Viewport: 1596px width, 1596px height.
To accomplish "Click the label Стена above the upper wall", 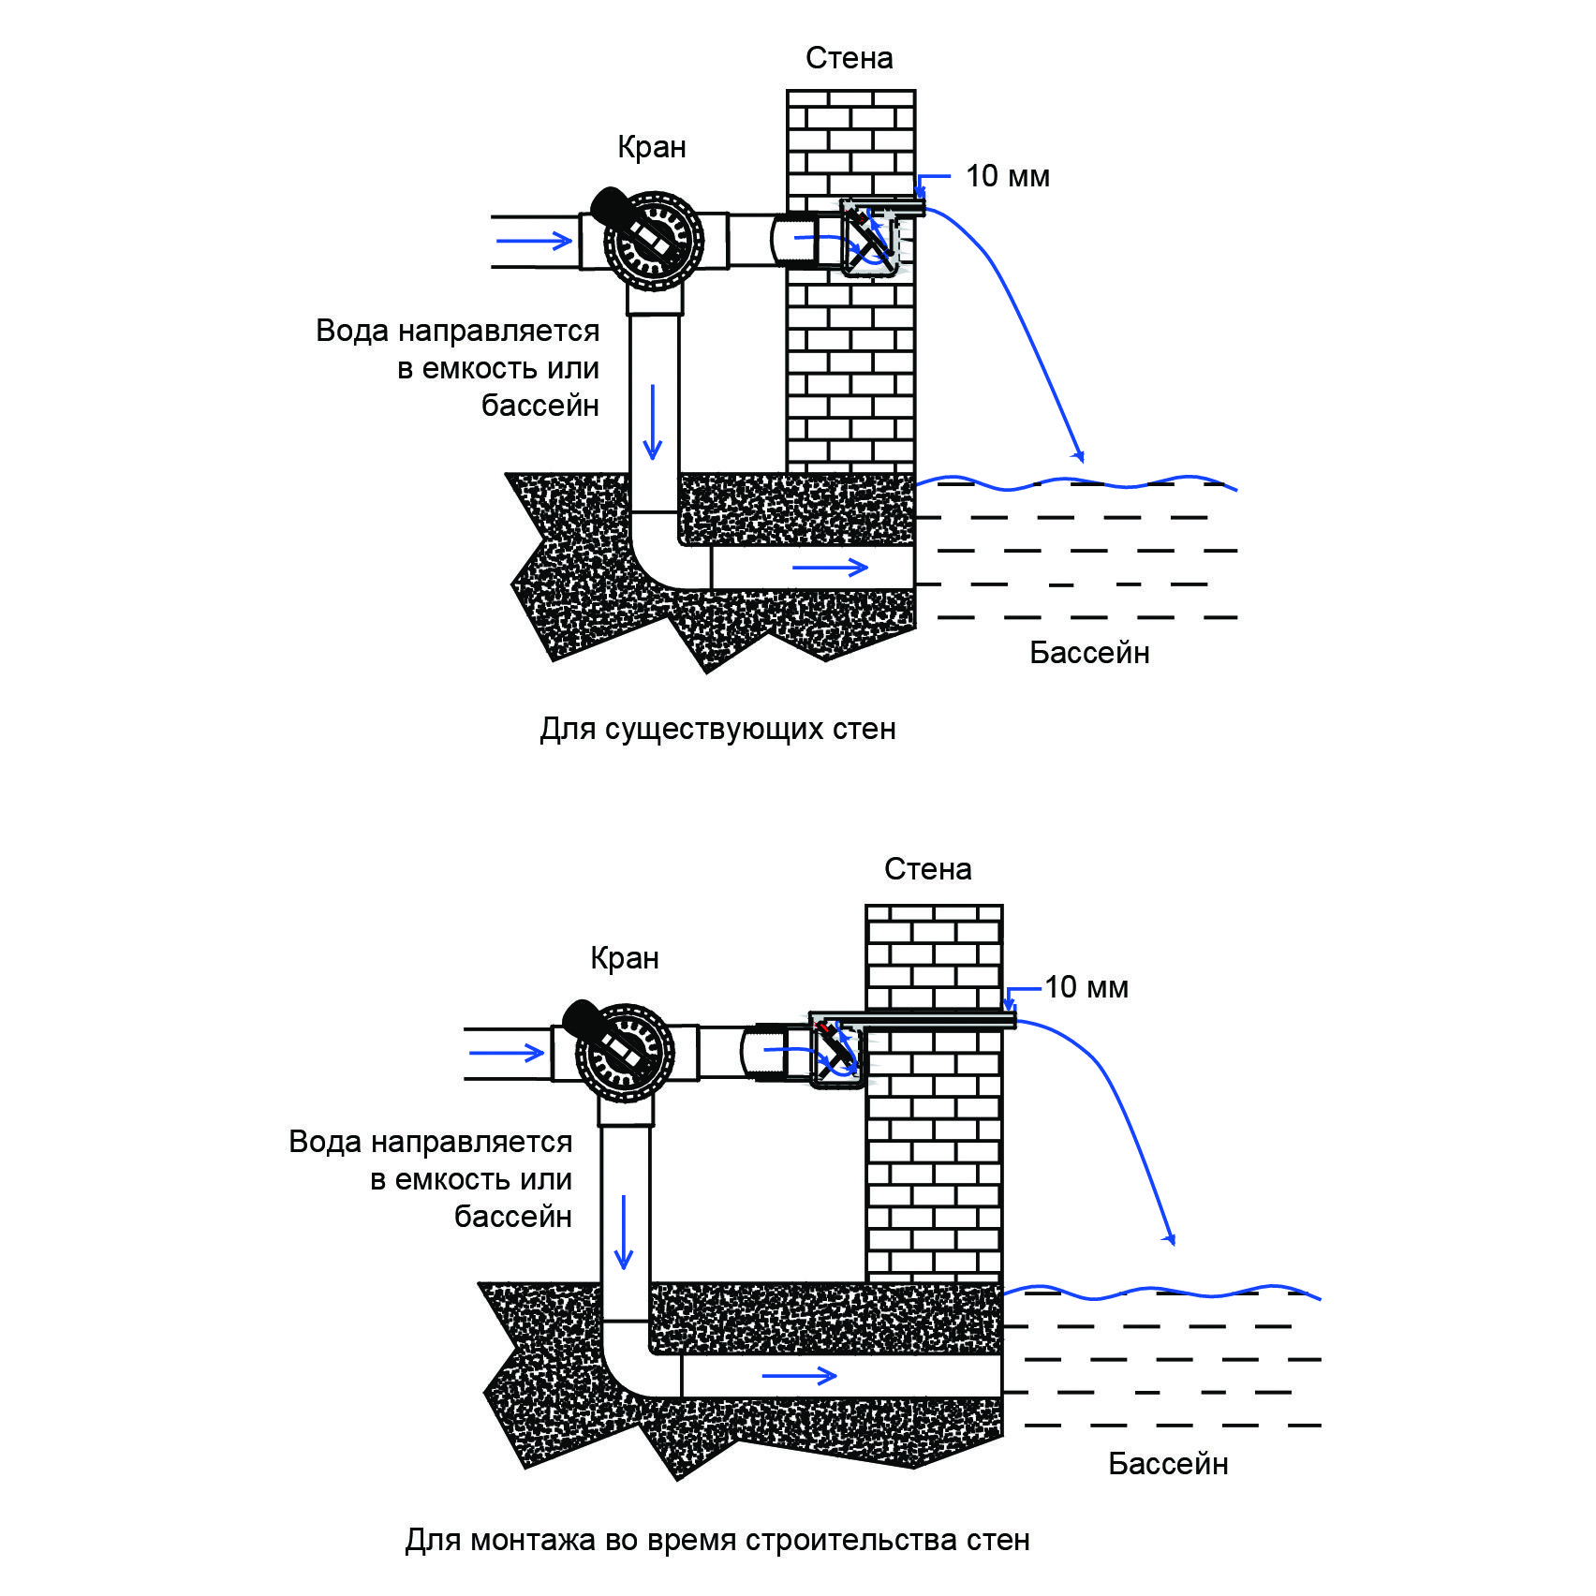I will pyautogui.click(x=849, y=58).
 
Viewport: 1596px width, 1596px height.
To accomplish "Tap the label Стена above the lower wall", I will pyautogui.click(x=927, y=869).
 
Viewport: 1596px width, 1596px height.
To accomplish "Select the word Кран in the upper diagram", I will pyautogui.click(x=652, y=147).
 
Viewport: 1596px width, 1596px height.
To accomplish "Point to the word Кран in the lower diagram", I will pyautogui.click(x=625, y=958).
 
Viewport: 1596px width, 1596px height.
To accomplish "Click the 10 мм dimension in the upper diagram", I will pyautogui.click(x=1008, y=176).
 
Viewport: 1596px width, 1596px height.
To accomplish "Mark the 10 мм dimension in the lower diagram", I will pyautogui.click(x=1086, y=987).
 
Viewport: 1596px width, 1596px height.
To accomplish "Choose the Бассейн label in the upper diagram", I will pyautogui.click(x=1089, y=652).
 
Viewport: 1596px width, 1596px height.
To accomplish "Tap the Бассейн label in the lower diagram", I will pyautogui.click(x=1168, y=1463).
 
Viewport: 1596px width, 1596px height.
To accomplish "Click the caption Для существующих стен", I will pyautogui.click(x=717, y=729).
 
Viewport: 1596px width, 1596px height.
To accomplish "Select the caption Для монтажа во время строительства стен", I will pyautogui.click(x=717, y=1540).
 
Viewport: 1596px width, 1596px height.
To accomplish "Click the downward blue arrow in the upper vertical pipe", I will pyautogui.click(x=653, y=421).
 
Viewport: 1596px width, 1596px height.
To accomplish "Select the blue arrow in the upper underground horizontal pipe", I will pyautogui.click(x=830, y=567).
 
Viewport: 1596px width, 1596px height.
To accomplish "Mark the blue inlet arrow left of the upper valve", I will pyautogui.click(x=534, y=241).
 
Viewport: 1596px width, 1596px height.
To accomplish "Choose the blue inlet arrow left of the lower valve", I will pyautogui.click(x=507, y=1052).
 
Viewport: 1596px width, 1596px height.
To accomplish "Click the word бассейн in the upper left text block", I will pyautogui.click(x=540, y=405).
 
